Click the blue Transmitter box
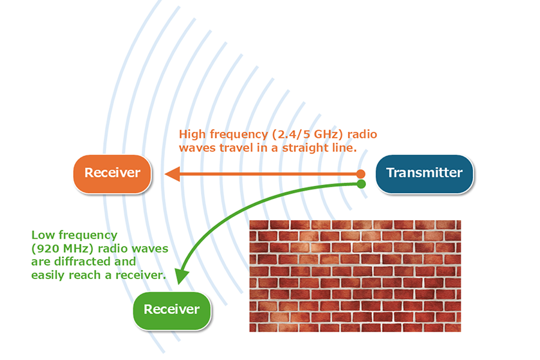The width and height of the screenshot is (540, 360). coord(424,173)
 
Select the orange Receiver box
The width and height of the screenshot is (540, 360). coord(112,173)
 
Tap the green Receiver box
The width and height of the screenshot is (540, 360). coord(172,310)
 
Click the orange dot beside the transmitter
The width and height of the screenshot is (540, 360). coord(361,173)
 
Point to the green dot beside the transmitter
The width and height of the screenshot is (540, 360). coord(361,184)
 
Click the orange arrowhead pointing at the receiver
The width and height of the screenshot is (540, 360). coord(173,173)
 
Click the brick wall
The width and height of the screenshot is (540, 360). coord(355,276)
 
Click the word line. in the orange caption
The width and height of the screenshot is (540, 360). coord(344,148)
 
